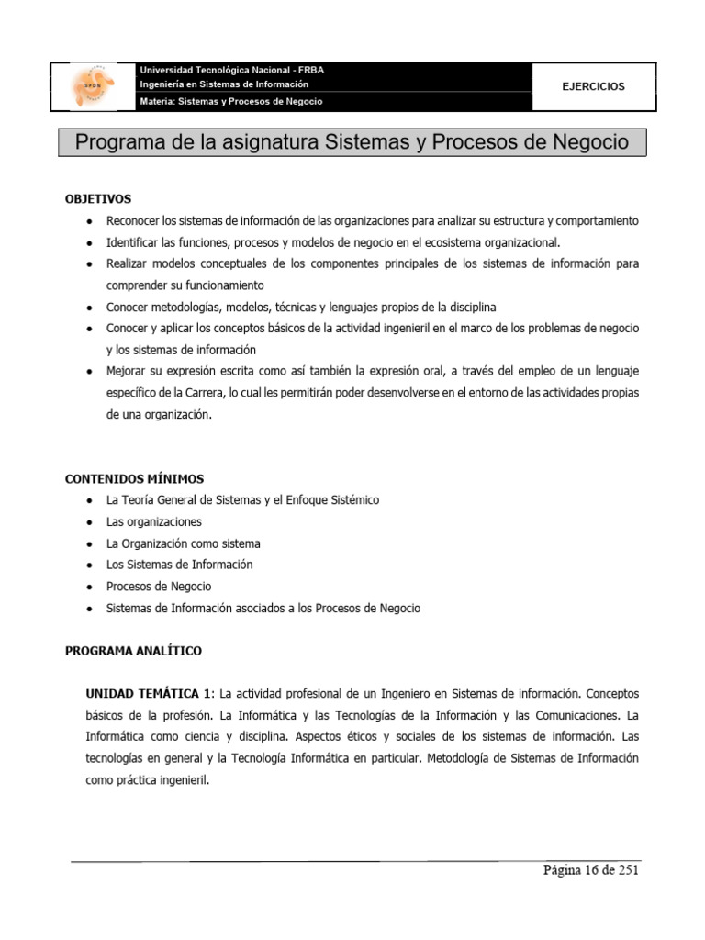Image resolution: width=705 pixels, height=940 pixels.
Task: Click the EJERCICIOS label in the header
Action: (593, 86)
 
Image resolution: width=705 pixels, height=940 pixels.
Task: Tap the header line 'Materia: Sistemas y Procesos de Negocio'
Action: (230, 101)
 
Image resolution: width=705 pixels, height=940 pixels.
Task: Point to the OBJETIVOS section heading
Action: (98, 198)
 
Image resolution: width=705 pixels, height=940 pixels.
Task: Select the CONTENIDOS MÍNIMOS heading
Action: (134, 478)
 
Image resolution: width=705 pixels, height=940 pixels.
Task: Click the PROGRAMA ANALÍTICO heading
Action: (133, 651)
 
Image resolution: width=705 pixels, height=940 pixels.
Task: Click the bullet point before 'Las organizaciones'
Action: (86, 522)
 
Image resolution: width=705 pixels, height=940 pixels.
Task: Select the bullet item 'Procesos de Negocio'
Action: (159, 587)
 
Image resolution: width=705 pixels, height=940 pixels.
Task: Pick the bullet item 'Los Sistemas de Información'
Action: (179, 565)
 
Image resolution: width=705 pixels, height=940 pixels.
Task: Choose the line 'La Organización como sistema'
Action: (183, 543)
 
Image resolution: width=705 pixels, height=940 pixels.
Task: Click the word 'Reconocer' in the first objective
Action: (131, 221)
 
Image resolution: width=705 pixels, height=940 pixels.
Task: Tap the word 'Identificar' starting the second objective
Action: (133, 242)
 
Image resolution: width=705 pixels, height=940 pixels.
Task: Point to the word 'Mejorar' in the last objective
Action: (126, 371)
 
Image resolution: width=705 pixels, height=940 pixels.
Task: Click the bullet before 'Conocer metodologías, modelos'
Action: (86, 308)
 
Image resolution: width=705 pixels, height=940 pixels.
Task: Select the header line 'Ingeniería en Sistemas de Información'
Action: (223, 84)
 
